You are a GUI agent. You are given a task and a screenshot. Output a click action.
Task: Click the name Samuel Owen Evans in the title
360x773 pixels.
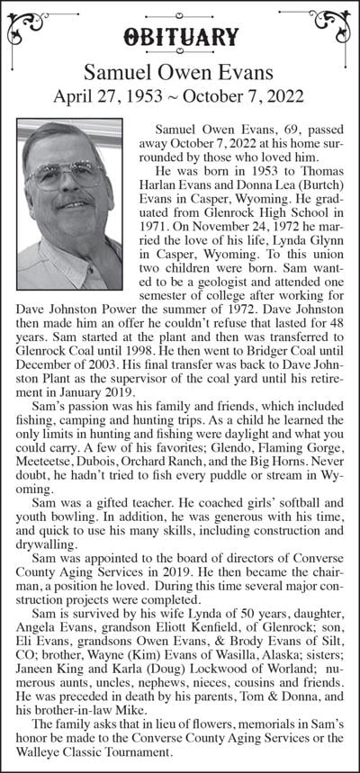(180, 71)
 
